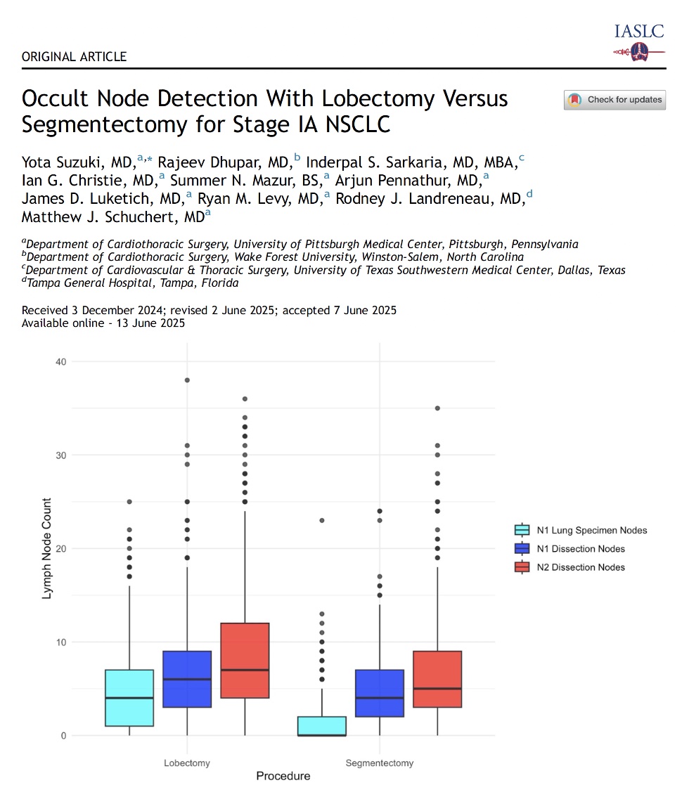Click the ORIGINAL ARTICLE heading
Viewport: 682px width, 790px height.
pyautogui.click(x=75, y=56)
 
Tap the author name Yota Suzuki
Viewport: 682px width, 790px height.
pyautogui.click(x=78, y=163)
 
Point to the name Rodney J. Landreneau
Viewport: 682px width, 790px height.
pyautogui.click(x=430, y=199)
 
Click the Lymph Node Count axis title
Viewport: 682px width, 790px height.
pyautogui.click(x=48, y=548)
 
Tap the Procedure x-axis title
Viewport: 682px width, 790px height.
pyautogui.click(x=283, y=776)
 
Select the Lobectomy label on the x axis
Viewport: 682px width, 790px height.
pyautogui.click(x=187, y=763)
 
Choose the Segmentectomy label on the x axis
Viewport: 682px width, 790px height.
pyautogui.click(x=380, y=763)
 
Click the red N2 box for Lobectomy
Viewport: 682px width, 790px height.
pyautogui.click(x=245, y=661)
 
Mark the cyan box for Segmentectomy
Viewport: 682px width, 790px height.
pyautogui.click(x=322, y=726)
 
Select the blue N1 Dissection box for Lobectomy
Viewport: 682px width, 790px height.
pyautogui.click(x=187, y=679)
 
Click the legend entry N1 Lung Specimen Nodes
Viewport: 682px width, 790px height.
pyautogui.click(x=590, y=531)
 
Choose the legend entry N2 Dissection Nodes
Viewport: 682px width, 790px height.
pyautogui.click(x=579, y=567)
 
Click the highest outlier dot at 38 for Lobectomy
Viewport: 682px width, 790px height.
pyautogui.click(x=187, y=380)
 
